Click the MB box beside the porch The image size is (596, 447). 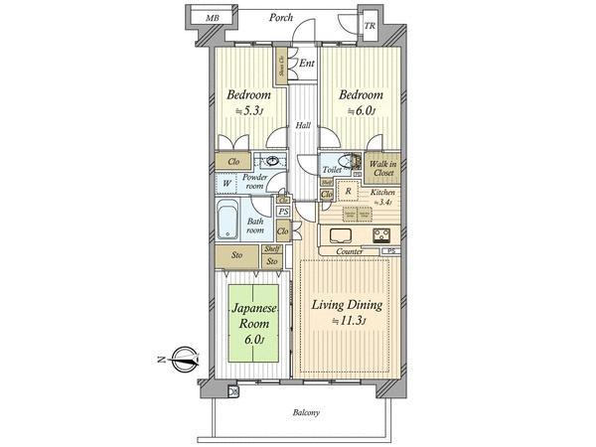coord(211,18)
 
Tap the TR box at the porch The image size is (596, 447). coord(369,26)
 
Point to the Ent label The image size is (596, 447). coord(307,65)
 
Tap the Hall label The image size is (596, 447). coord(302,125)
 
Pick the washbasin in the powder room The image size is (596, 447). coord(269,162)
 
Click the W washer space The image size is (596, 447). coord(227,183)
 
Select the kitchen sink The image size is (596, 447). coord(339,236)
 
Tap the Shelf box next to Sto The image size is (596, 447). coord(271,249)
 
